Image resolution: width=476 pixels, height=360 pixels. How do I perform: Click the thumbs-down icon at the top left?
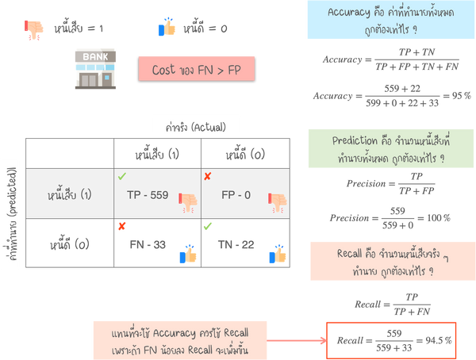(34, 29)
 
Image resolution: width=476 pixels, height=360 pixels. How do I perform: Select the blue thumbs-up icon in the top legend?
(167, 28)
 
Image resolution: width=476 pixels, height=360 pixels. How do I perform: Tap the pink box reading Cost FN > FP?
(196, 69)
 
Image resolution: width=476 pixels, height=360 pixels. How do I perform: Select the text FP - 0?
(232, 193)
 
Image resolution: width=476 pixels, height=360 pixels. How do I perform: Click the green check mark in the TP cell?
(121, 174)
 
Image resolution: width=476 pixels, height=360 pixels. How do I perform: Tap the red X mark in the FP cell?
(208, 174)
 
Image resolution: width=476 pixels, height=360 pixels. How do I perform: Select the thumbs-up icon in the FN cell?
(188, 254)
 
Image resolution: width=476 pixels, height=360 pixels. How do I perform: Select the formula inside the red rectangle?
(392, 339)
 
